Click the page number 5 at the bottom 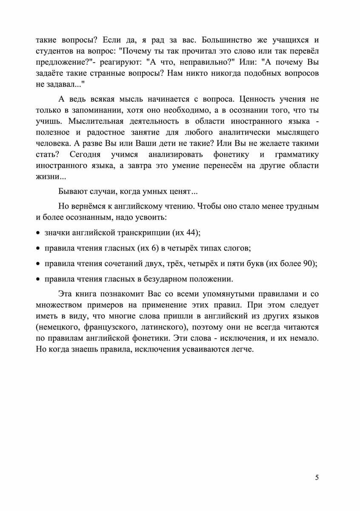point(317,477)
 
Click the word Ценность point(261,100)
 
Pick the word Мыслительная point(97,121)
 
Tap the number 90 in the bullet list point(309,264)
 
